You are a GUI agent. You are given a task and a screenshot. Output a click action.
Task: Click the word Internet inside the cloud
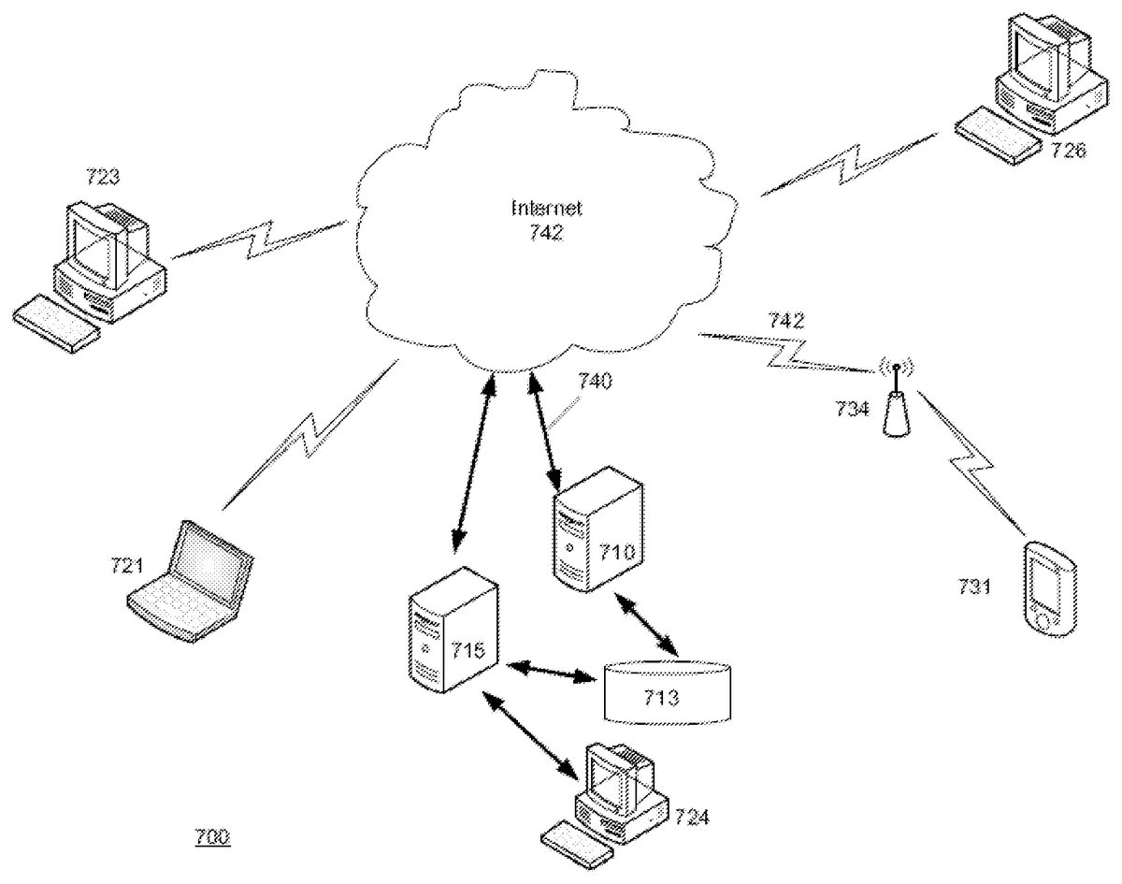[545, 207]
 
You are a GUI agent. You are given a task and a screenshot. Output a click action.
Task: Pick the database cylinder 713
[666, 691]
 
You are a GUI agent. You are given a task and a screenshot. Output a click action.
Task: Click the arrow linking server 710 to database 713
[647, 622]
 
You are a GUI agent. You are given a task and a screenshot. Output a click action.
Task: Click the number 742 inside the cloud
[545, 234]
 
